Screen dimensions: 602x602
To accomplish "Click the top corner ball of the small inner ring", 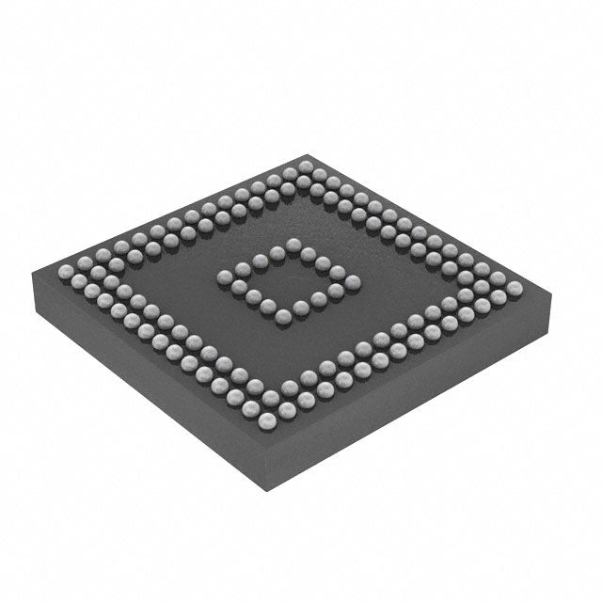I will pyautogui.click(x=293, y=245).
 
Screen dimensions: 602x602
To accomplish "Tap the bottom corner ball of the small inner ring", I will pyautogui.click(x=283, y=317).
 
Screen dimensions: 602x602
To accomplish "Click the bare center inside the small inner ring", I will pyautogui.click(x=288, y=279).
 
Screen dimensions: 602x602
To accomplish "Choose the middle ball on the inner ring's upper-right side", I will pyautogui.click(x=322, y=261).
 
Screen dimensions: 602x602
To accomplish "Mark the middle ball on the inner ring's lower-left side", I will pyautogui.click(x=254, y=296).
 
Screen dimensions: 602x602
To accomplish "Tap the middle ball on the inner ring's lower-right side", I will pyautogui.click(x=318, y=299).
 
